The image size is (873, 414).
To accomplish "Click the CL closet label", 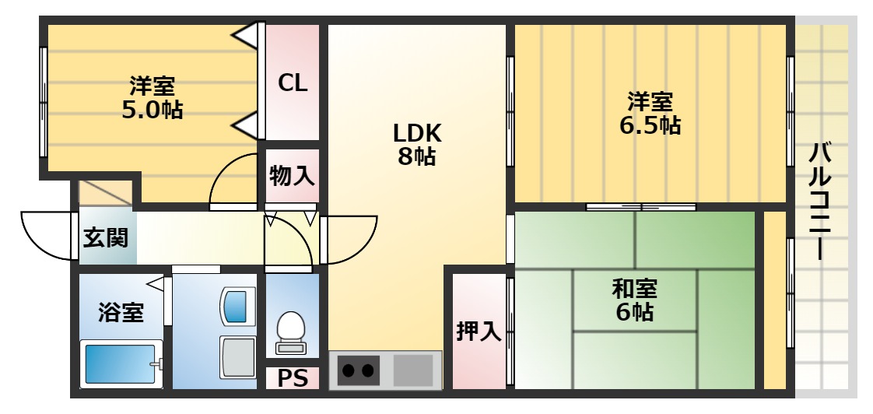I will tap(293, 82).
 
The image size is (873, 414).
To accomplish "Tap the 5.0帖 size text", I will tap(152, 110).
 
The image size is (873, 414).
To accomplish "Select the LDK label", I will tap(416, 132).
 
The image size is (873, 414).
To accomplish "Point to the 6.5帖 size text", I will tap(650, 125).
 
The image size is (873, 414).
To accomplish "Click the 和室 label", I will tap(634, 289).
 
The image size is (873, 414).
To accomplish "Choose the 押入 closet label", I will tap(478, 331).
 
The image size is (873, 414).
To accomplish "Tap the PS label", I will tap(293, 379).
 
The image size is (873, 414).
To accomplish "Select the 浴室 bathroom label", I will tap(121, 313).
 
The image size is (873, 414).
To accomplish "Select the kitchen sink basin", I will tap(412, 370).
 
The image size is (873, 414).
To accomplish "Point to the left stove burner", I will tap(348, 370).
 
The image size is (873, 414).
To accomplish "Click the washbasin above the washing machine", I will tap(237, 305).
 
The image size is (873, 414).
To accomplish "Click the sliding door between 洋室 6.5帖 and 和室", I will tap(640, 207).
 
